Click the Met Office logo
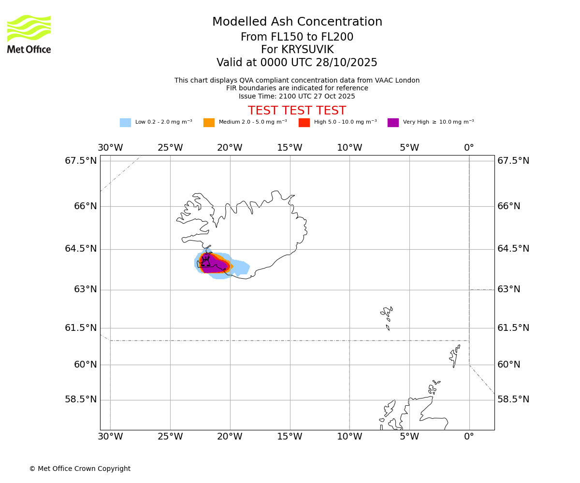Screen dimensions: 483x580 click(x=29, y=34)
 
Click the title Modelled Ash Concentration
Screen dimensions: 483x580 click(x=297, y=22)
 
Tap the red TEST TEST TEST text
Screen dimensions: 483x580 click(x=297, y=111)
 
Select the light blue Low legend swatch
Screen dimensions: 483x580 click(x=125, y=123)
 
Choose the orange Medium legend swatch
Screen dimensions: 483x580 click(x=209, y=123)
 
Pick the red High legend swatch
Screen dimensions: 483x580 click(x=304, y=123)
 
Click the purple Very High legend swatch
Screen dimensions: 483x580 click(x=393, y=123)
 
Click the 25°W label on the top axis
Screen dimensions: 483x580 click(x=170, y=148)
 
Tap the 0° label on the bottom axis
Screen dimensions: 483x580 click(x=469, y=437)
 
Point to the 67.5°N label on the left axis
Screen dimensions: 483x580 click(x=81, y=161)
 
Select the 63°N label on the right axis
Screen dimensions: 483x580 click(x=509, y=289)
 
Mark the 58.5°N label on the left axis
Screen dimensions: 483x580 click(x=81, y=399)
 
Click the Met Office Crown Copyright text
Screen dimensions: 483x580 click(x=80, y=469)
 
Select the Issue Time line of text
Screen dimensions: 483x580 click(x=297, y=97)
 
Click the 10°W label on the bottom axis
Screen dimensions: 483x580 click(x=349, y=437)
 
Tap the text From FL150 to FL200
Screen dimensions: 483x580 click(x=297, y=37)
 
